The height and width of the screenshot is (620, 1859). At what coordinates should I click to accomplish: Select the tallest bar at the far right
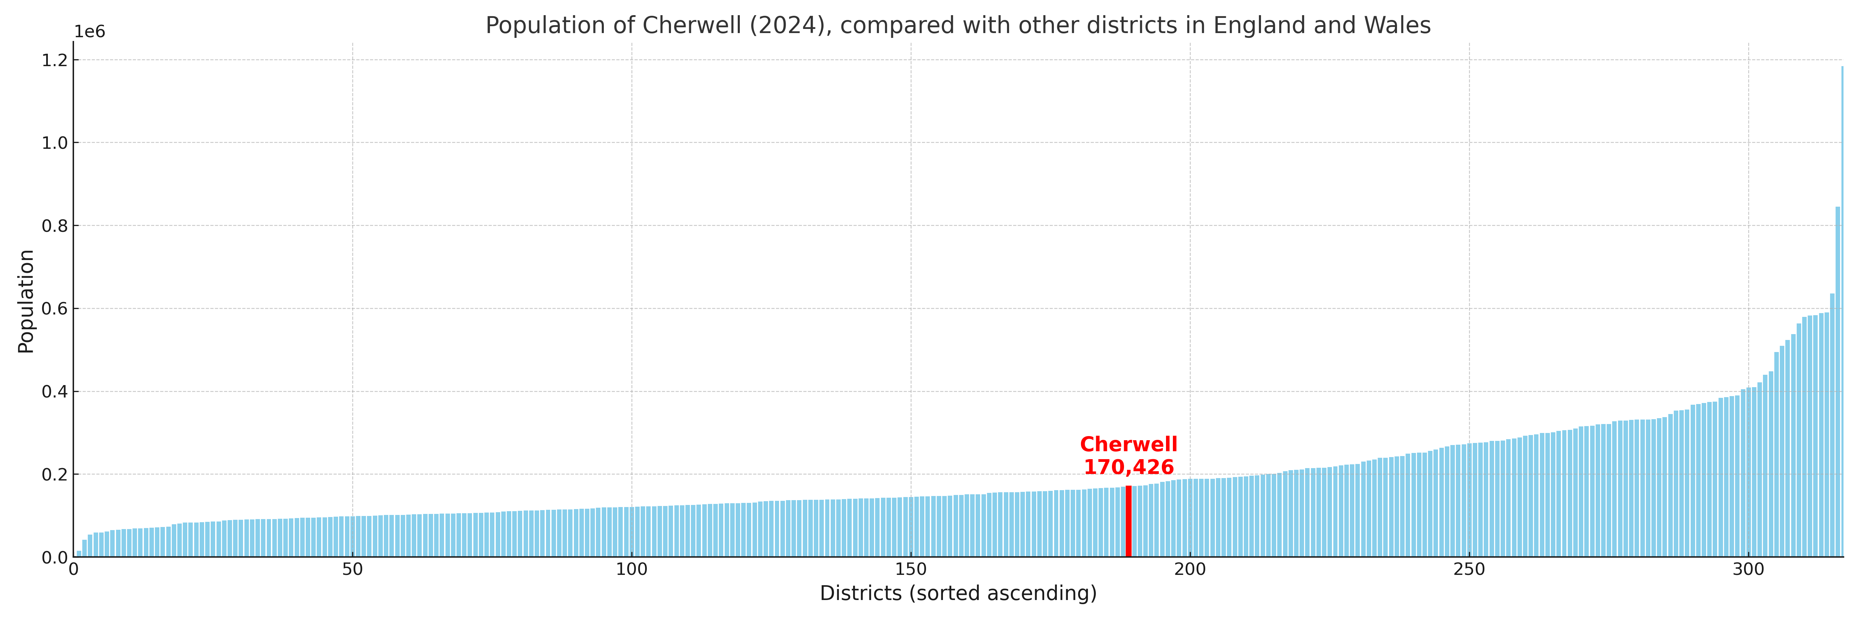[x=1842, y=310]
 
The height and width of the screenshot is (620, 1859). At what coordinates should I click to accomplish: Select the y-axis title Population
[x=26, y=301]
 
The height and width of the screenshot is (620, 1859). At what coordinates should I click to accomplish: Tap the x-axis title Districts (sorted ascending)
[x=958, y=593]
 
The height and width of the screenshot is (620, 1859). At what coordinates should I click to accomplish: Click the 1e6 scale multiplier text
[x=90, y=32]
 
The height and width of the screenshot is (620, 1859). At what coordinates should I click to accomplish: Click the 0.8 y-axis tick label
[x=55, y=226]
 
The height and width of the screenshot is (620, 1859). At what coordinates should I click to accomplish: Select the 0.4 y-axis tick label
[x=55, y=392]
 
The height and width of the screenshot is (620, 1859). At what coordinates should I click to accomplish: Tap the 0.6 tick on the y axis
[x=55, y=309]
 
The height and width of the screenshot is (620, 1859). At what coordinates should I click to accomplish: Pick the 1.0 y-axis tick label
[x=55, y=143]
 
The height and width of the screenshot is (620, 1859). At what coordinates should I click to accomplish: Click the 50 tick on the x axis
[x=352, y=569]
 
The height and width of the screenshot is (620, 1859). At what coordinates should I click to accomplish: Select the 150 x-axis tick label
[x=911, y=569]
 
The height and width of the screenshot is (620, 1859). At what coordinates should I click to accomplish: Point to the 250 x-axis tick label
[x=1469, y=569]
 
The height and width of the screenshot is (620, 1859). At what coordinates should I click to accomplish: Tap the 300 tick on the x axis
[x=1748, y=569]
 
